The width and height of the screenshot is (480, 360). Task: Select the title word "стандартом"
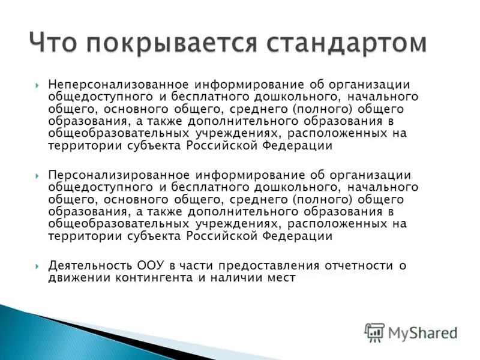click(x=350, y=43)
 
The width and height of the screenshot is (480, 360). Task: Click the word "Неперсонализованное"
click(x=119, y=85)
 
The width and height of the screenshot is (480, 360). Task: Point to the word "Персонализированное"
click(x=118, y=175)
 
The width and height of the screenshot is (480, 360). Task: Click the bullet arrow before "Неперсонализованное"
click(x=37, y=85)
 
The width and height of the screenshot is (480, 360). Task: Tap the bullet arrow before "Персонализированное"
click(x=37, y=175)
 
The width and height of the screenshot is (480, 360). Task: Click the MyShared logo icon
click(x=374, y=332)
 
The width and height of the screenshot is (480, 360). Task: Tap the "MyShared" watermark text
click(x=422, y=332)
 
